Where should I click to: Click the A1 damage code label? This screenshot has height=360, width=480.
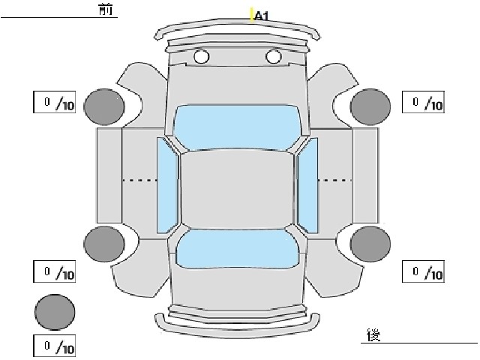pos(261,16)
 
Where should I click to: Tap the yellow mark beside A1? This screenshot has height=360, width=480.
pos(252,15)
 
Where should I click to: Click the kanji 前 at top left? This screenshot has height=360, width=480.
pos(106,9)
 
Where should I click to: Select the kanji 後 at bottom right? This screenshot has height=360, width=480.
pos(373,335)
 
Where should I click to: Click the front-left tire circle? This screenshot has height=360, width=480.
pos(104,106)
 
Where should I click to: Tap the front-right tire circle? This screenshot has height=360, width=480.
pos(370,106)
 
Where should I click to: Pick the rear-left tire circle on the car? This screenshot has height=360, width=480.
pos(104,244)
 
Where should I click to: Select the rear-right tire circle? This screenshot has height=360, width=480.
pos(370,244)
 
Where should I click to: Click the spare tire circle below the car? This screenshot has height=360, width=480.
pos(55,312)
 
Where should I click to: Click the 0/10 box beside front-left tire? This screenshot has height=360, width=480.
pos(55,102)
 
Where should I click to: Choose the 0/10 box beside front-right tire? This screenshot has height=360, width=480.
pos(423,102)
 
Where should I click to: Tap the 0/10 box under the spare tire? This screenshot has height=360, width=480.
pos(55,346)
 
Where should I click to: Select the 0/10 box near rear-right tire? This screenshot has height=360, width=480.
pos(423,271)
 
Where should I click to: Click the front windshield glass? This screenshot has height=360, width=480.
pos(237,127)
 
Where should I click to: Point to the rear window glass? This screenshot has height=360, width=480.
pos(238,248)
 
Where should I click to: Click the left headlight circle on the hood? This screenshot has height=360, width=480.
pos(202,57)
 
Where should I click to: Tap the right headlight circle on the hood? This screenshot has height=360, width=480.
pos(273,57)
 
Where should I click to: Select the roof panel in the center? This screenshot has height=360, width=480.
pos(237,190)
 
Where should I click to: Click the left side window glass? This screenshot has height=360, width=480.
pos(167,185)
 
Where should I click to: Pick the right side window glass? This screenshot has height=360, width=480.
pos(307,185)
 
